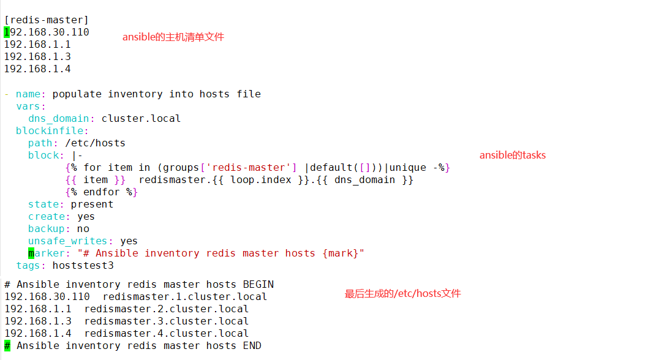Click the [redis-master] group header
(x=47, y=20)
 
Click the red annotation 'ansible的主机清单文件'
(x=173, y=37)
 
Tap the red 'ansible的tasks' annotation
(x=512, y=155)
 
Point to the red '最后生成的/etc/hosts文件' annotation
(x=402, y=294)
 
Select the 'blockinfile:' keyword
(x=52, y=130)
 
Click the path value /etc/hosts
(x=95, y=143)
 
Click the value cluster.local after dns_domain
(x=141, y=118)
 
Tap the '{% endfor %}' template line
(x=101, y=192)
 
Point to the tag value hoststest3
(x=83, y=265)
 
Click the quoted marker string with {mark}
(x=220, y=253)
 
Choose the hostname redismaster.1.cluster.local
(x=184, y=296)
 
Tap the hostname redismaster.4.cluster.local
(x=166, y=333)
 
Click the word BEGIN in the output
(x=258, y=284)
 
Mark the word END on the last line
(x=252, y=345)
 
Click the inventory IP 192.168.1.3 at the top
(x=37, y=57)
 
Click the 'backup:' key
(x=49, y=228)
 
